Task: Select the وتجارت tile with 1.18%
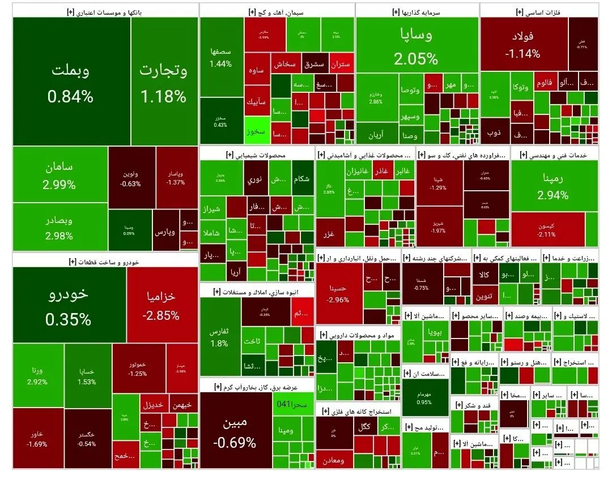[x=164, y=82]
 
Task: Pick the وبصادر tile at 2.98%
[x=59, y=227]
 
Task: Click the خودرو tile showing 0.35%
[x=69, y=306]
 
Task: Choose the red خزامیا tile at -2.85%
[x=161, y=306]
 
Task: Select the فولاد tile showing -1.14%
[x=523, y=45]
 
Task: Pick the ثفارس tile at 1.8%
[x=220, y=336]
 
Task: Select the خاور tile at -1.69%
[x=37, y=438]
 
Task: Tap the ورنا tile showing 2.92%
[x=37, y=376]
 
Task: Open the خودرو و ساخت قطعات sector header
[x=105, y=261]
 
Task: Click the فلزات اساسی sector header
[x=539, y=11]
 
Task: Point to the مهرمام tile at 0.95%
[x=424, y=399]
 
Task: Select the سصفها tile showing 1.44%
[x=220, y=57]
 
